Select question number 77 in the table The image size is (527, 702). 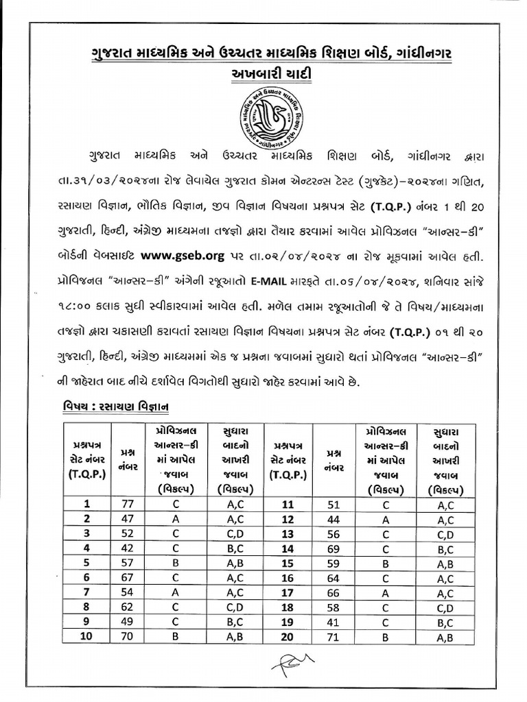(x=127, y=505)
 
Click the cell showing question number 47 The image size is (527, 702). (x=127, y=519)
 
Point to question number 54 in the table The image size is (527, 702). (x=127, y=592)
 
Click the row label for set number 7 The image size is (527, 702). (x=87, y=592)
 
